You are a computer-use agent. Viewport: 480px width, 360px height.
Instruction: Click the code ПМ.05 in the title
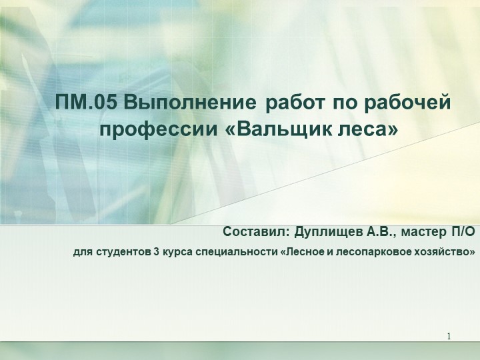87,104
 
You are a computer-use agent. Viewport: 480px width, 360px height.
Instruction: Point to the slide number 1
450,334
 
